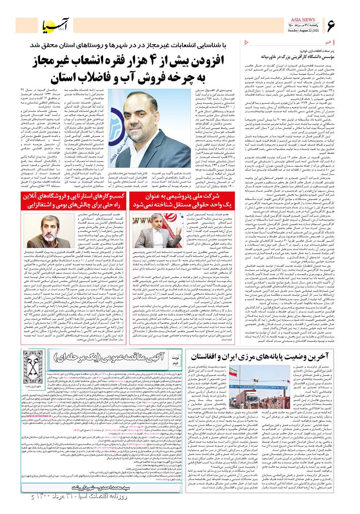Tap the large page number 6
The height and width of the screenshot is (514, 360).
click(331, 26)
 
